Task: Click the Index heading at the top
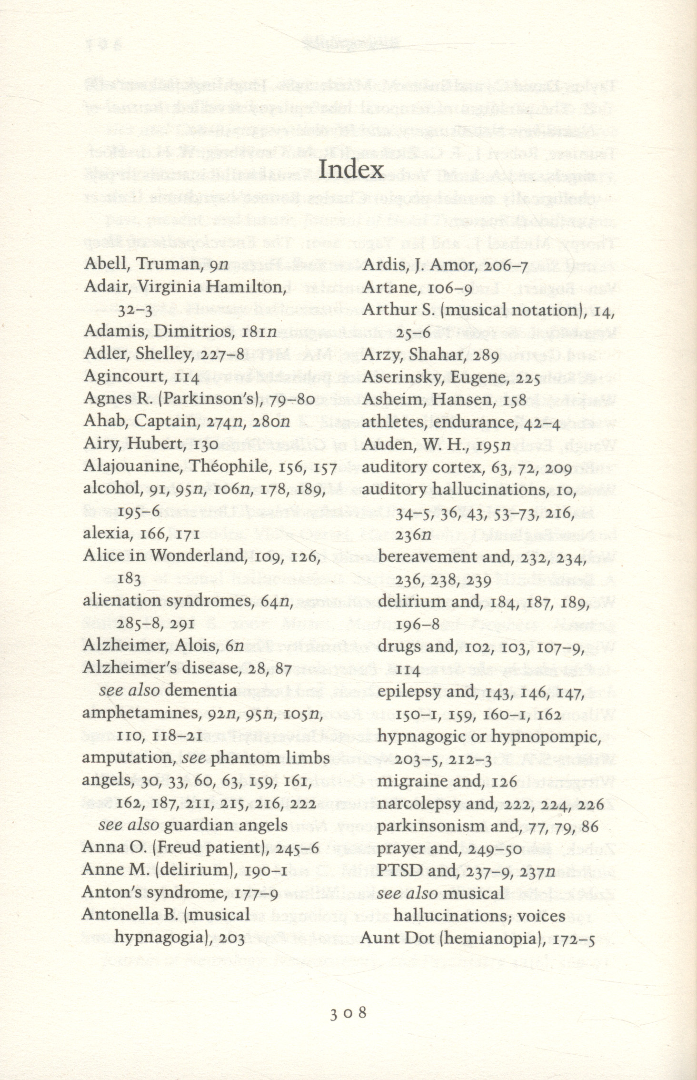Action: pyautogui.click(x=351, y=170)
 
